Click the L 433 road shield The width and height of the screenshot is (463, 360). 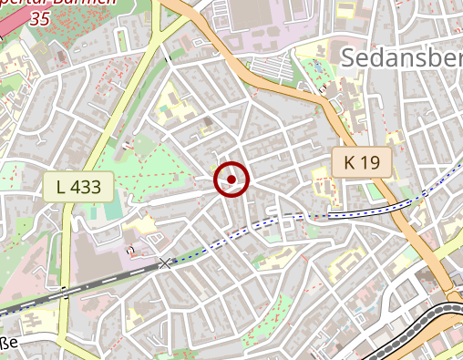coord(77,187)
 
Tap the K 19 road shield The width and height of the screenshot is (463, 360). coord(361,163)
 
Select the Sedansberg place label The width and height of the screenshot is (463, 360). coord(402,57)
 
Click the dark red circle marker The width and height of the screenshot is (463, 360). coord(231,180)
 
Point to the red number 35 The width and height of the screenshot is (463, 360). coord(40,17)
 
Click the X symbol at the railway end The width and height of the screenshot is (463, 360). coord(165,263)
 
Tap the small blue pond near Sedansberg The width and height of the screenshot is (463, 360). coord(324,89)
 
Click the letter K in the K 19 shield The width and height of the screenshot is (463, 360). coord(350,163)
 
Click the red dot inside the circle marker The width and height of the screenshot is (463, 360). coord(231,180)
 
